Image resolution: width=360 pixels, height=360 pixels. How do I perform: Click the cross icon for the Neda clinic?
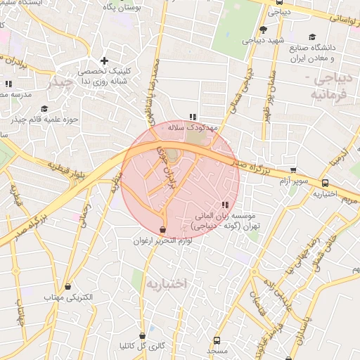(x=105, y=61)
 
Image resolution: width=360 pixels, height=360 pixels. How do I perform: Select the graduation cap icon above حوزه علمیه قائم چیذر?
(x=44, y=108)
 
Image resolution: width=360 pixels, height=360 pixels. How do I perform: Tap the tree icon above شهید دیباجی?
(x=263, y=30)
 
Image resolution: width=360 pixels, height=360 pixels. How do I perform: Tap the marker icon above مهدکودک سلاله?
(x=193, y=117)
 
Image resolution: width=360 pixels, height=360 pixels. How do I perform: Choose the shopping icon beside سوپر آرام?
(x=293, y=170)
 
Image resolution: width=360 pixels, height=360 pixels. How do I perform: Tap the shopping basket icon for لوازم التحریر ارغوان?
(x=163, y=229)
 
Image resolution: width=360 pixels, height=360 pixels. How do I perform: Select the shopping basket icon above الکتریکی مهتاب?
(x=68, y=287)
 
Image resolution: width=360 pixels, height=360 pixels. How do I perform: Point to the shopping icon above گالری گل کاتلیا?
(x=143, y=335)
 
